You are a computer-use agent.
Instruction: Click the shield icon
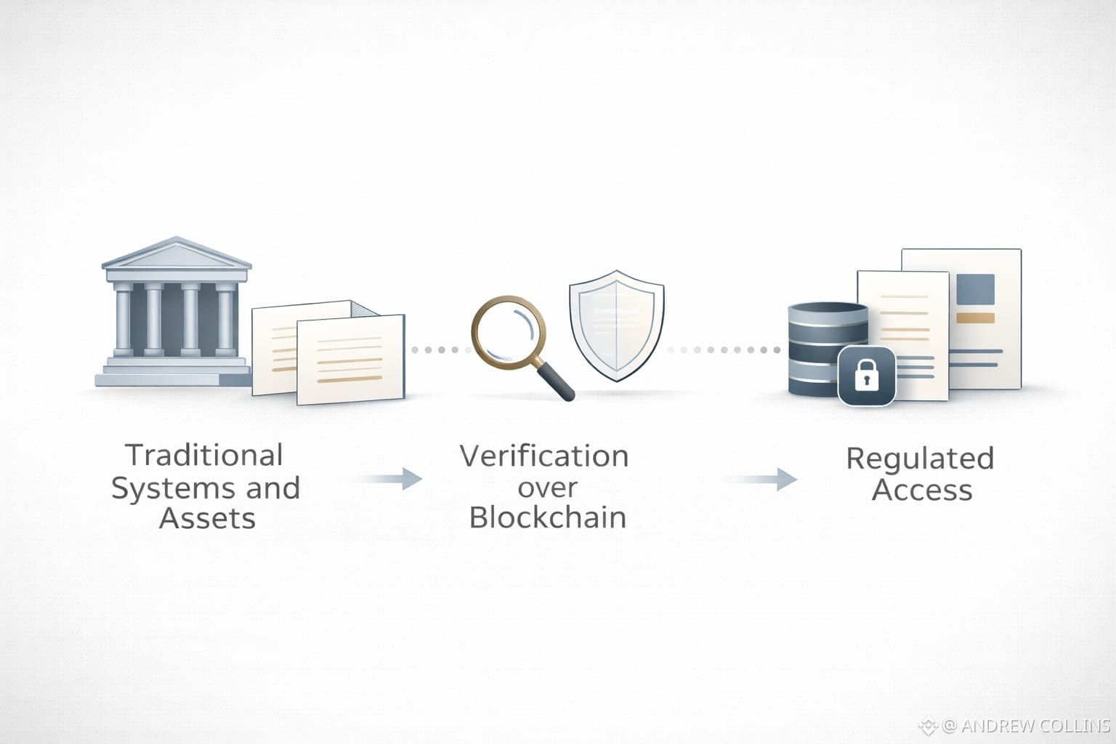616,325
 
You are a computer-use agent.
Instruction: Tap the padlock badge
866,376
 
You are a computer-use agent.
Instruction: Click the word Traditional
204,456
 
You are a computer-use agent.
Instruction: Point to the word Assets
207,519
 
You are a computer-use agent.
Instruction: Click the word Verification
544,456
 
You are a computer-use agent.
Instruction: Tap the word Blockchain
547,517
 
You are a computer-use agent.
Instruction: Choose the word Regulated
920,458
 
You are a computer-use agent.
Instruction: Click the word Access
922,490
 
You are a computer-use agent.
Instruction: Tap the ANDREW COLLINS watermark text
1026,725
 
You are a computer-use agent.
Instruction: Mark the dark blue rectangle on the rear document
975,288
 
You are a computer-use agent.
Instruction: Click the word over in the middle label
547,487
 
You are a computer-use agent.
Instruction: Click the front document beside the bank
350,360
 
